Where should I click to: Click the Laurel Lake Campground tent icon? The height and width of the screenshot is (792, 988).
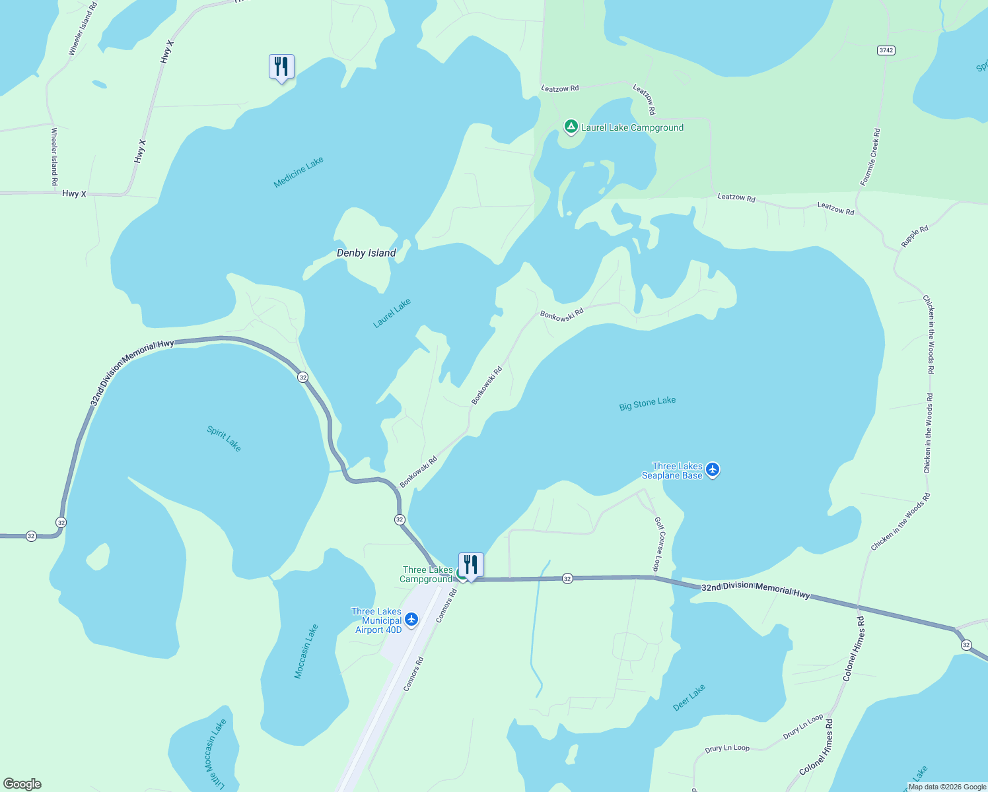click(571, 127)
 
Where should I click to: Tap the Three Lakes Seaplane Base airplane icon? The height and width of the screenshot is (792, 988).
click(712, 470)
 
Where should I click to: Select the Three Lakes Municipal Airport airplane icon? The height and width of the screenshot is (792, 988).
click(411, 619)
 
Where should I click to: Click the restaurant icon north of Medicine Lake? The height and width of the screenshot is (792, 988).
click(281, 67)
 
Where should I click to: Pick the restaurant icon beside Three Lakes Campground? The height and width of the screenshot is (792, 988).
click(471, 565)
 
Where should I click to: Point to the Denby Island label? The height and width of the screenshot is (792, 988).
click(366, 253)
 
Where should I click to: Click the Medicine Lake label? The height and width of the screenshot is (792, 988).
click(299, 172)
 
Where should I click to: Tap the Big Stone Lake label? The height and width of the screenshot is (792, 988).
click(647, 403)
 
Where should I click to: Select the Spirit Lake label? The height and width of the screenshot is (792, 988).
click(225, 439)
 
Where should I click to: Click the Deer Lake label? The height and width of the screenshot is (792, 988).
click(689, 698)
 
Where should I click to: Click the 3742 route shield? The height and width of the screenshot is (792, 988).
click(886, 50)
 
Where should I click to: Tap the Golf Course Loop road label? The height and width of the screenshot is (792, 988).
click(658, 544)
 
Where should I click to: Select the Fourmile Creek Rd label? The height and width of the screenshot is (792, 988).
click(870, 157)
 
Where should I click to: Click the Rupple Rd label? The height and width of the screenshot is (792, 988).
click(915, 236)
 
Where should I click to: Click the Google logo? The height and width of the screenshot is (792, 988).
click(22, 784)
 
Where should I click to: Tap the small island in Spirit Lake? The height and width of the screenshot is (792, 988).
click(98, 556)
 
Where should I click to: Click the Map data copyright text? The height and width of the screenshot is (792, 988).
click(947, 787)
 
